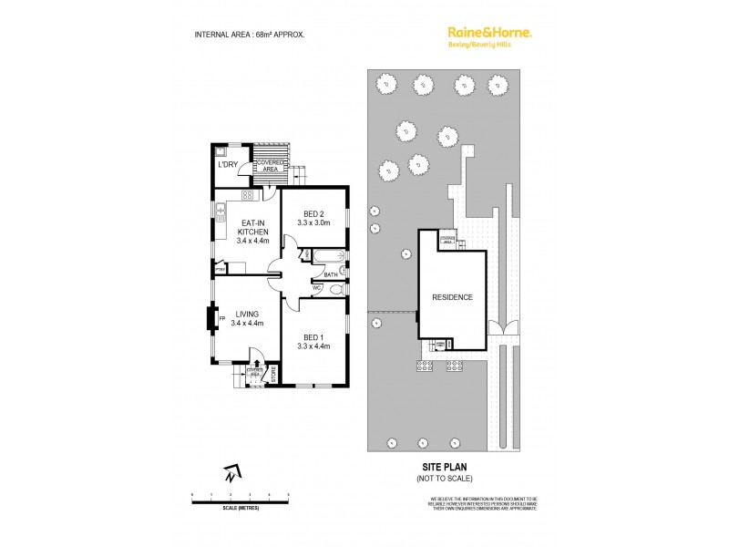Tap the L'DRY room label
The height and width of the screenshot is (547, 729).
click(x=226, y=165)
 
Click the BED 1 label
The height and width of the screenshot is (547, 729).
click(x=313, y=340)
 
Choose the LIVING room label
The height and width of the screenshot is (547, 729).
click(x=245, y=317)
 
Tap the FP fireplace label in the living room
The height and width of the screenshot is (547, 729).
click(x=221, y=318)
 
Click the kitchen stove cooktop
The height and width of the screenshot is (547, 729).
click(x=246, y=194)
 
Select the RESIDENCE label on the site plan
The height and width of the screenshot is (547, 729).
click(x=452, y=297)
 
